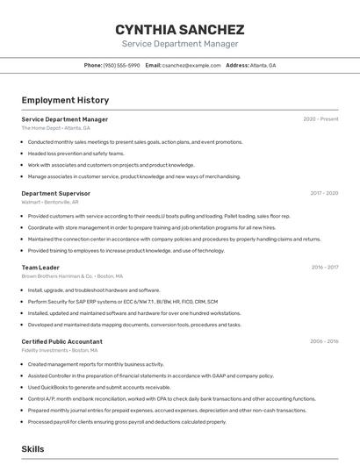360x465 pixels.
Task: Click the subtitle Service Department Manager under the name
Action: pyautogui.click(x=180, y=44)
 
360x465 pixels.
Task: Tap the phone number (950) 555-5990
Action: pyautogui.click(x=121, y=66)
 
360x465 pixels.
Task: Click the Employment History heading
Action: pyautogui.click(x=65, y=100)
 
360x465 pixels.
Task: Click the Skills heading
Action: pyautogui.click(x=32, y=448)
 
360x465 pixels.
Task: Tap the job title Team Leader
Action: pyautogui.click(x=40, y=268)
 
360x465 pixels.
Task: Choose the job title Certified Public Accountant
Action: pyautogui.click(x=61, y=341)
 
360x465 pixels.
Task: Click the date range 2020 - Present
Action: pyautogui.click(x=320, y=119)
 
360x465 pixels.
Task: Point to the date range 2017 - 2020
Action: pyautogui.click(x=324, y=193)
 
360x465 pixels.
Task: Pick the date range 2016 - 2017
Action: pyautogui.click(x=324, y=268)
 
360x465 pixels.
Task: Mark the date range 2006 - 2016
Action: pyautogui.click(x=324, y=341)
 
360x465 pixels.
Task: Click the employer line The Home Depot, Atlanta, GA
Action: pyautogui.click(x=55, y=128)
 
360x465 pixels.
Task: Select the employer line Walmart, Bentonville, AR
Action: pyautogui.click(x=50, y=202)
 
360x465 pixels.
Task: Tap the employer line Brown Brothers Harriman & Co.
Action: pyautogui.click(x=66, y=276)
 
